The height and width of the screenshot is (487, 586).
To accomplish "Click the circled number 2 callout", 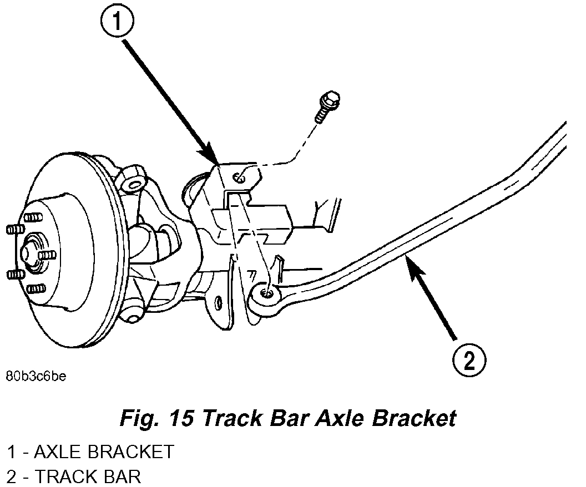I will (469, 361).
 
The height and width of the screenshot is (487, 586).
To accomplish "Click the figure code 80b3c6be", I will (36, 377).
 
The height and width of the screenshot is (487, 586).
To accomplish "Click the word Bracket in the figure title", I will (414, 418).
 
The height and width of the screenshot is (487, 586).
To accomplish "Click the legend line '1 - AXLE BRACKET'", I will (90, 452).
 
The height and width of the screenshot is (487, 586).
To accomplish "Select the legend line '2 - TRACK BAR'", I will (74, 476).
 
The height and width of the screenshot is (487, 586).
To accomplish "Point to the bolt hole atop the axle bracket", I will (239, 177).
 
